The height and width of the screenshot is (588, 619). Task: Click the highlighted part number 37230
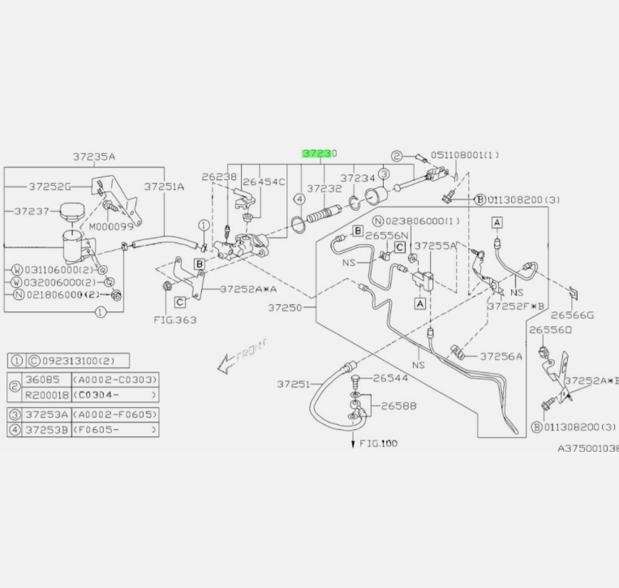(319, 153)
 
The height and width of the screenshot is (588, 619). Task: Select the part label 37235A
(94, 157)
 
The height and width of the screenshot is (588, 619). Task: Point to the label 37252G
(49, 186)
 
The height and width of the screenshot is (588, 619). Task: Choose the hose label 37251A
(165, 186)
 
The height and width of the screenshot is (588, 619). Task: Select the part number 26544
(393, 378)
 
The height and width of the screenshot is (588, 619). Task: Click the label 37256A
(501, 355)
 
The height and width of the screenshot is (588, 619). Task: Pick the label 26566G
(573, 315)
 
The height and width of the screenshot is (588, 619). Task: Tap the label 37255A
(436, 244)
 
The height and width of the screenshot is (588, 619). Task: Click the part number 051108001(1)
(465, 155)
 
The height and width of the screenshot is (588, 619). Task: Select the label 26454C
(264, 182)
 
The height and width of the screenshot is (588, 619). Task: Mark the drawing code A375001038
(587, 448)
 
